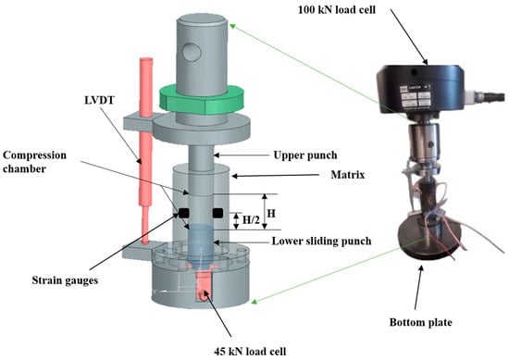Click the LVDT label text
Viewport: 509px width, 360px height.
click(x=99, y=100)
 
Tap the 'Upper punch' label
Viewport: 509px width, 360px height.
click(x=305, y=155)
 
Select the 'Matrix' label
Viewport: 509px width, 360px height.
click(x=348, y=175)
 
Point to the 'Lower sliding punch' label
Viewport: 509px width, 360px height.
click(x=321, y=242)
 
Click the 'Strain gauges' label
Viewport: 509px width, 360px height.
click(x=65, y=280)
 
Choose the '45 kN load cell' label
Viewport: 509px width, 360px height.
click(x=250, y=352)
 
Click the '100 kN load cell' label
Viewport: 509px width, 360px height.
click(x=337, y=10)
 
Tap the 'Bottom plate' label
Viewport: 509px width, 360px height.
click(x=421, y=322)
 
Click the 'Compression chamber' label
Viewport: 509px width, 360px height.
click(x=34, y=162)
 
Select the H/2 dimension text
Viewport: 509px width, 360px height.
click(x=251, y=220)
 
